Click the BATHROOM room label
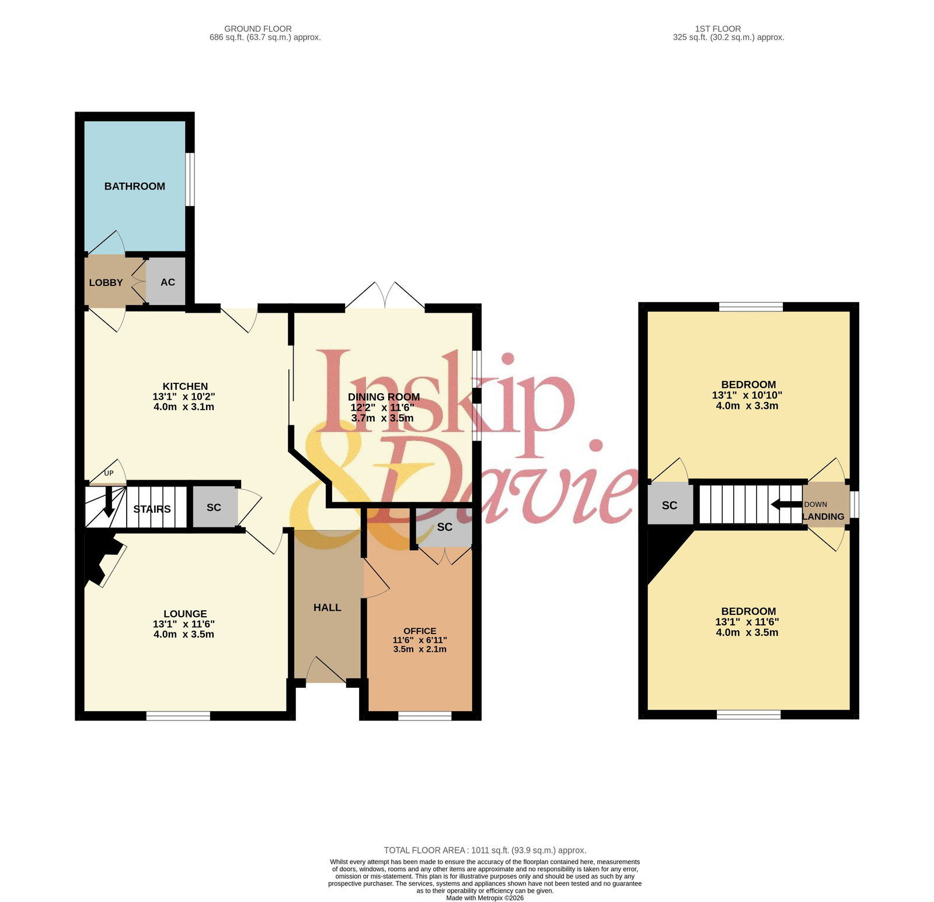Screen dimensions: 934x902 coord(135,186)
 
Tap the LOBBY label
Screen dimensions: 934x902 coord(106,282)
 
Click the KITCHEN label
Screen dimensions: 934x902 coord(185,386)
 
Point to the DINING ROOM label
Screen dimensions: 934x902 coord(384,397)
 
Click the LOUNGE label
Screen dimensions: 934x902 coord(185,614)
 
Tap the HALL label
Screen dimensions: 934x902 coord(327,607)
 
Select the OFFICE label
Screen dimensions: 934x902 coord(420,631)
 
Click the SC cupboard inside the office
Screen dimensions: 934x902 coord(444,527)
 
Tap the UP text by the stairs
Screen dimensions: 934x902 coord(109,473)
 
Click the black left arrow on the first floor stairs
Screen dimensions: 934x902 coord(786,504)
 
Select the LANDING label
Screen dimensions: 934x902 coord(823,516)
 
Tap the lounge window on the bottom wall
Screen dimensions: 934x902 coord(178,715)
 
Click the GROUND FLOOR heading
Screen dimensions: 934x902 coord(258,29)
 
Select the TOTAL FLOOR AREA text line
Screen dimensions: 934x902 coord(485,850)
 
